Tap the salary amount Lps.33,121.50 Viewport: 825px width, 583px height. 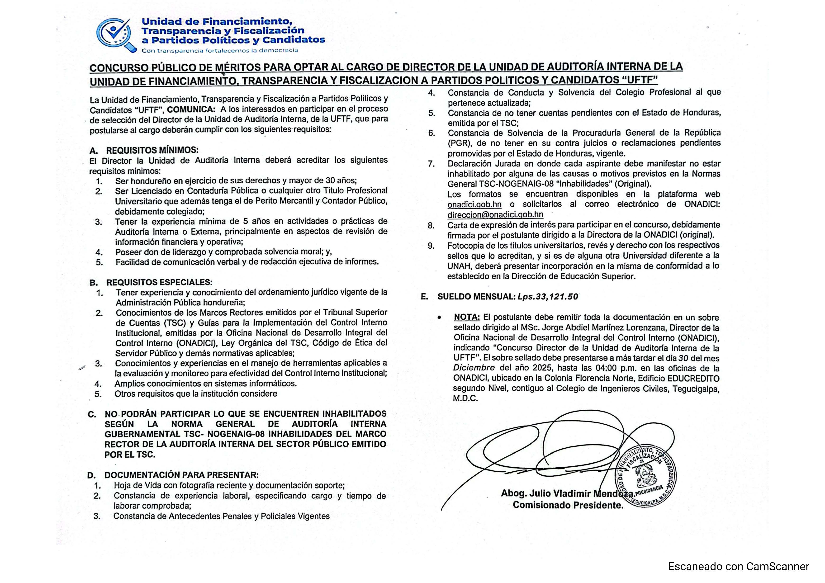tap(548, 297)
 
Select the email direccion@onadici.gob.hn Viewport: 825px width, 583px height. tap(495, 214)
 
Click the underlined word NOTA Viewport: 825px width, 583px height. tap(466, 317)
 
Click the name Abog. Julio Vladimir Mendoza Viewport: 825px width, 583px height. tap(566, 493)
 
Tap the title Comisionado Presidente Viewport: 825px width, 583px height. tap(568, 505)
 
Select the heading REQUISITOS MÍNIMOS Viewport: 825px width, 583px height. tap(152, 150)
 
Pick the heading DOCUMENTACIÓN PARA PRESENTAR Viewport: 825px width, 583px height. tap(181, 475)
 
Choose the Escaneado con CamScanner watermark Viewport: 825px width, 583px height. tap(738, 566)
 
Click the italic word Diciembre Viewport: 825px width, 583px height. tap(474, 368)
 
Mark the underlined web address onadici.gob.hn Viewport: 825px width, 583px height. tap(474, 204)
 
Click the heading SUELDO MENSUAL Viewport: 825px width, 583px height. tap(476, 297)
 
